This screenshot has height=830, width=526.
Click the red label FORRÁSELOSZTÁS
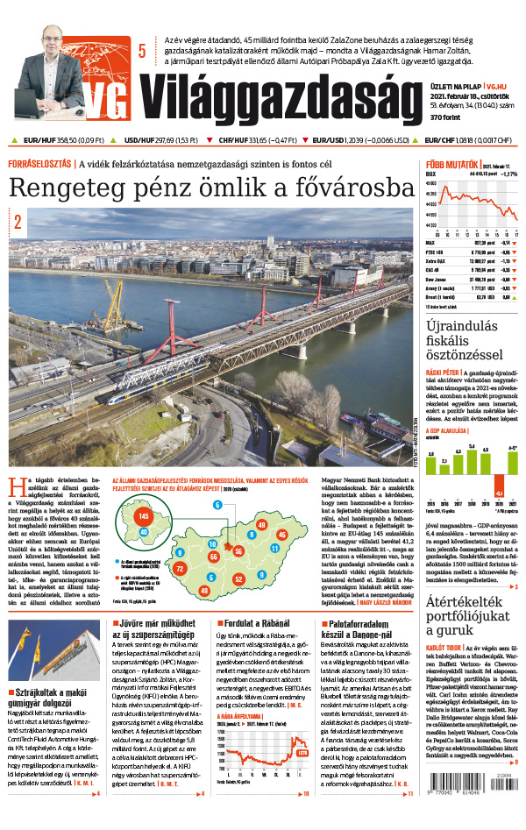click(x=40, y=164)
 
